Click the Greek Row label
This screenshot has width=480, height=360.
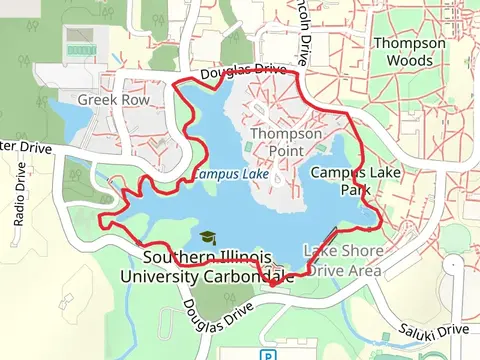coord(113,100)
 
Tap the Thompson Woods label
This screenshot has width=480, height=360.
coord(410,52)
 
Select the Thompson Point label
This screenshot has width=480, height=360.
coord(287,142)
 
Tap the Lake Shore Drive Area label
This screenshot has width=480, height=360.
coord(343,260)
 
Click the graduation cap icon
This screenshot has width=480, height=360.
coord(207,238)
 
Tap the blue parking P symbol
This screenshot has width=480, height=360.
coord(267,355)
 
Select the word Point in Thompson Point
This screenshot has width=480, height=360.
coord(287,151)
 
